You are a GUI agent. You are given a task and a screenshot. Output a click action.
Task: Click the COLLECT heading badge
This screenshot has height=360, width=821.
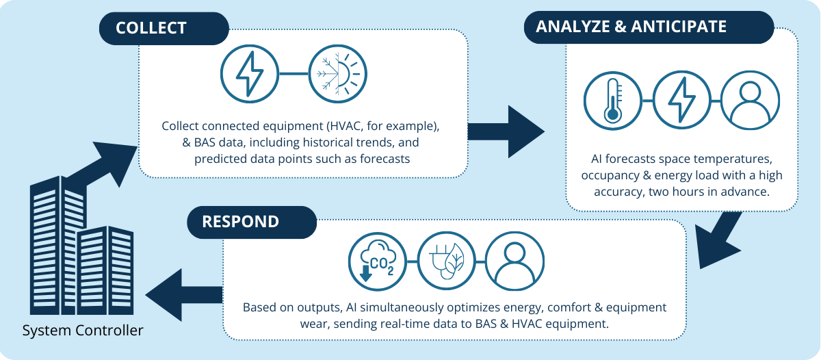[x=164, y=28]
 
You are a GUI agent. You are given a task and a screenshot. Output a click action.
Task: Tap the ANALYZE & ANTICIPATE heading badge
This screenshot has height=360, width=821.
[x=649, y=27]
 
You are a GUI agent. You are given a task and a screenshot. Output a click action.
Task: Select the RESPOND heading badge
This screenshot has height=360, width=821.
[x=252, y=222]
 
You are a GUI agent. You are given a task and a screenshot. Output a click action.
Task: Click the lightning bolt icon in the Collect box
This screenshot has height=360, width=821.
[x=249, y=74]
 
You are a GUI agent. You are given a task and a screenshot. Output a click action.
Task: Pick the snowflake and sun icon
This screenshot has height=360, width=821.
[x=337, y=74]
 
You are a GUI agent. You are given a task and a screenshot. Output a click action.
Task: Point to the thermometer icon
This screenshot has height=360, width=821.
[x=613, y=101]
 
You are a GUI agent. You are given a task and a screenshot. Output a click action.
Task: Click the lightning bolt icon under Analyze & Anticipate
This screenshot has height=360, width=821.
[x=681, y=100]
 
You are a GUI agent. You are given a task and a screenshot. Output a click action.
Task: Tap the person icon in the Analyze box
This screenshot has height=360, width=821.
[x=751, y=100]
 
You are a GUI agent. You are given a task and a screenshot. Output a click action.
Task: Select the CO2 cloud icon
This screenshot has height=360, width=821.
[x=378, y=261]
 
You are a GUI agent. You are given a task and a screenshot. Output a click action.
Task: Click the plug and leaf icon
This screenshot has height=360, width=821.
[x=446, y=261]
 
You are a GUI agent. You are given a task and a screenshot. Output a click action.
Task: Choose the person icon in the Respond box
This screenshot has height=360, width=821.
[x=515, y=261]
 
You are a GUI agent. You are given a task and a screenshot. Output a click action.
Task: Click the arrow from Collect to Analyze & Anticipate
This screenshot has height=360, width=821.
[x=506, y=131]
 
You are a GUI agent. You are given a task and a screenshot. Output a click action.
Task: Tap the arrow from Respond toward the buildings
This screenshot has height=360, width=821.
[x=184, y=295]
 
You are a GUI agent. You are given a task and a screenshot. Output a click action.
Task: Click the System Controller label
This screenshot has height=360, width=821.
[x=83, y=331]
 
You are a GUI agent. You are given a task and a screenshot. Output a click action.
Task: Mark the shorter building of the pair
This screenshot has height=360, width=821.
[x=105, y=270]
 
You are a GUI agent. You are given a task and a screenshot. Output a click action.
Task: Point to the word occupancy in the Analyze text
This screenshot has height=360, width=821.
[x=610, y=176]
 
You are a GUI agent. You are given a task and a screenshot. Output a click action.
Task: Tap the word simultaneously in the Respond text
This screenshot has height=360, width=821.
[x=400, y=307]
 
